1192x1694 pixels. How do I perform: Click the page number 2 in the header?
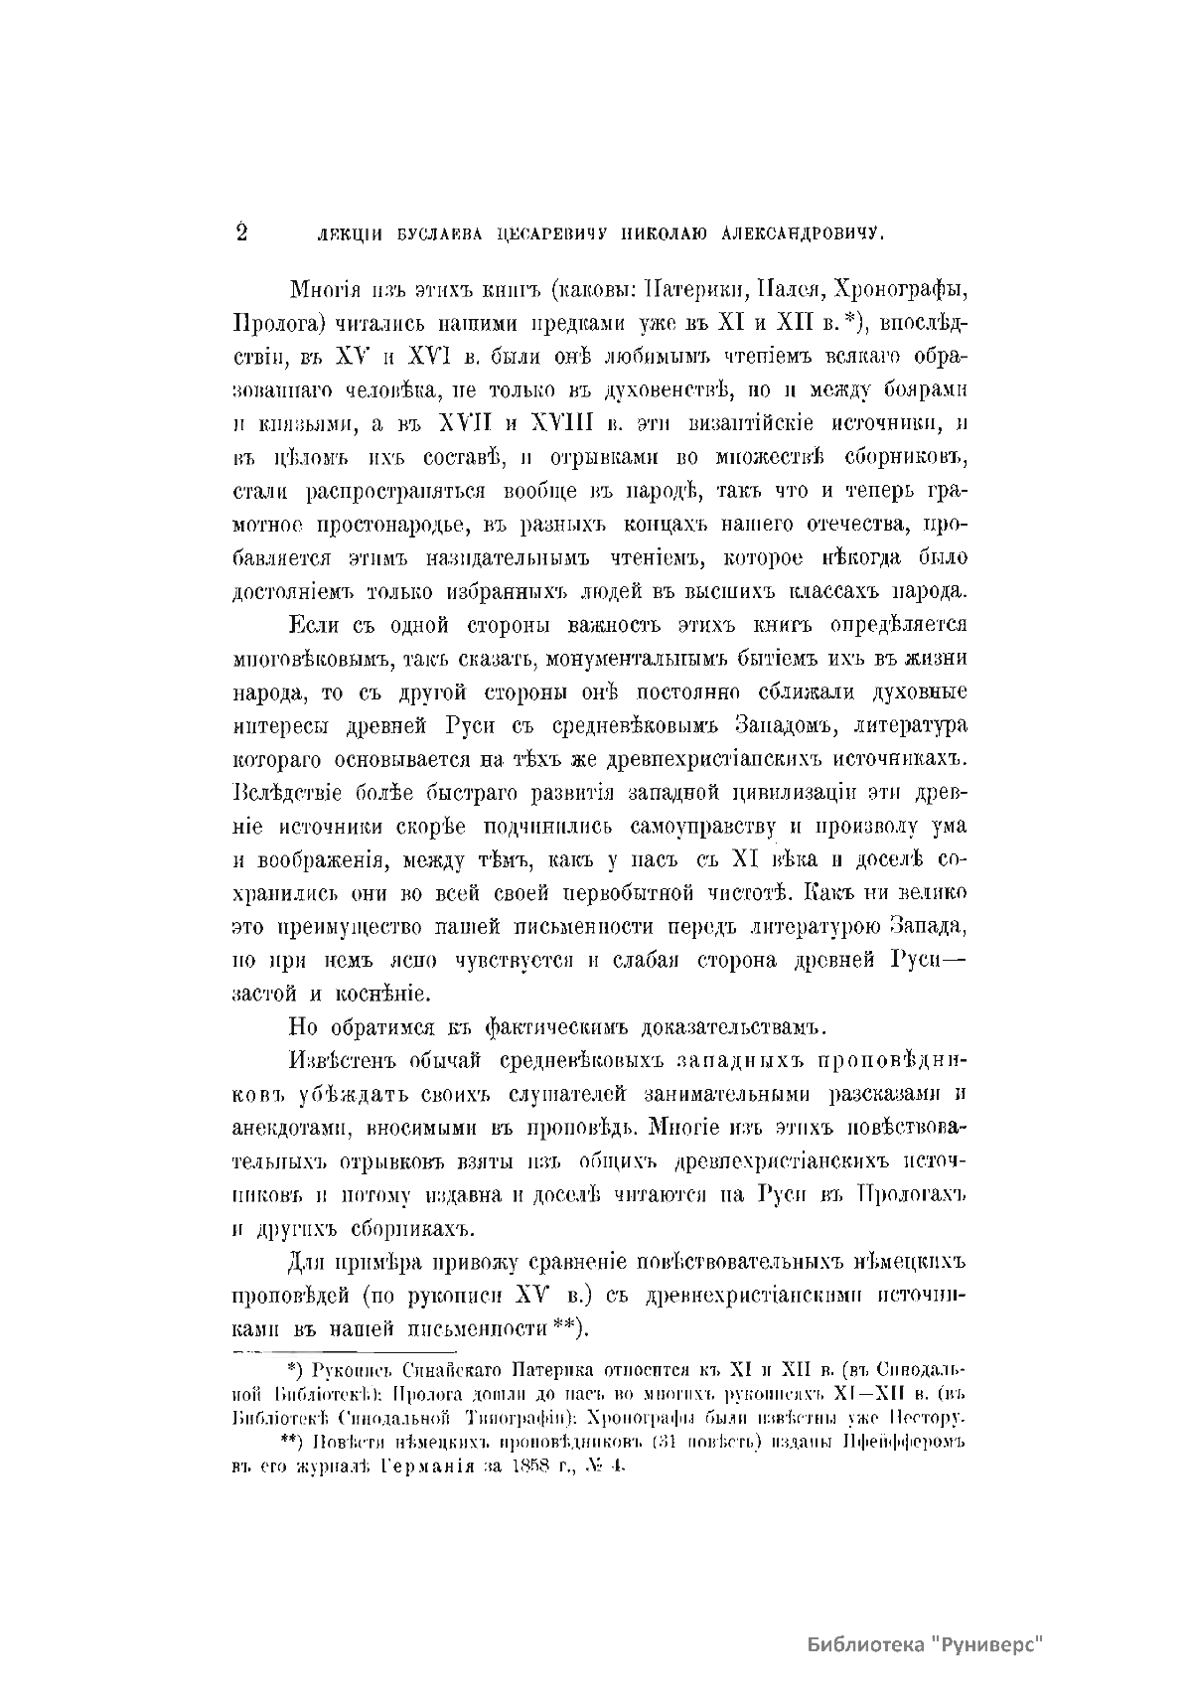(240, 232)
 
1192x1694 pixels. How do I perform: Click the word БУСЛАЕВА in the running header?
(411, 235)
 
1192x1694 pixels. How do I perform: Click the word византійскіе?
(748, 424)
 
